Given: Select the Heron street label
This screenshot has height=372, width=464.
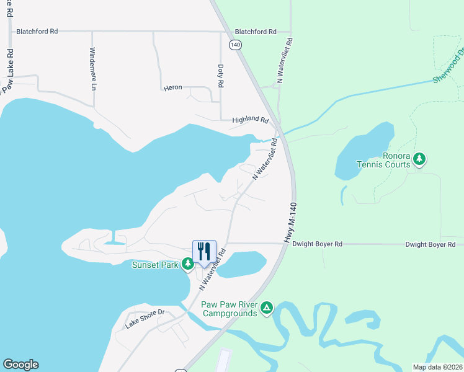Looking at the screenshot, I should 172,87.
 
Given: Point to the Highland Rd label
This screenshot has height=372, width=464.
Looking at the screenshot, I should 250,120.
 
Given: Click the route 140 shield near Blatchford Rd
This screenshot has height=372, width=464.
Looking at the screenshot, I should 234,45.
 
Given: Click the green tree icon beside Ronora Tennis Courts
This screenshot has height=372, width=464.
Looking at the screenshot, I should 420,159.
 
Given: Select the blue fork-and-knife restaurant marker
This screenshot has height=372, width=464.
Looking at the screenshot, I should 204,250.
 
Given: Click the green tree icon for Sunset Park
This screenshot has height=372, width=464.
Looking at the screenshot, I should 187,265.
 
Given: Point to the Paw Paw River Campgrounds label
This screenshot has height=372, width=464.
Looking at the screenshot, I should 228,309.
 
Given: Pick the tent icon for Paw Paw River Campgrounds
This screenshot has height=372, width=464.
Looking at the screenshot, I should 267,308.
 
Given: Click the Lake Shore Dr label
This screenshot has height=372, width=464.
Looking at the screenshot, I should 144,319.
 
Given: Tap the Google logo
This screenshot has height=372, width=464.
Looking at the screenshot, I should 20,365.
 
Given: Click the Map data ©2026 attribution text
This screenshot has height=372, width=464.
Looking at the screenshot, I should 437,367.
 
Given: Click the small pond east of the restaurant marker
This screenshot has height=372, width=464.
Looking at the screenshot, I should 243,263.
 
